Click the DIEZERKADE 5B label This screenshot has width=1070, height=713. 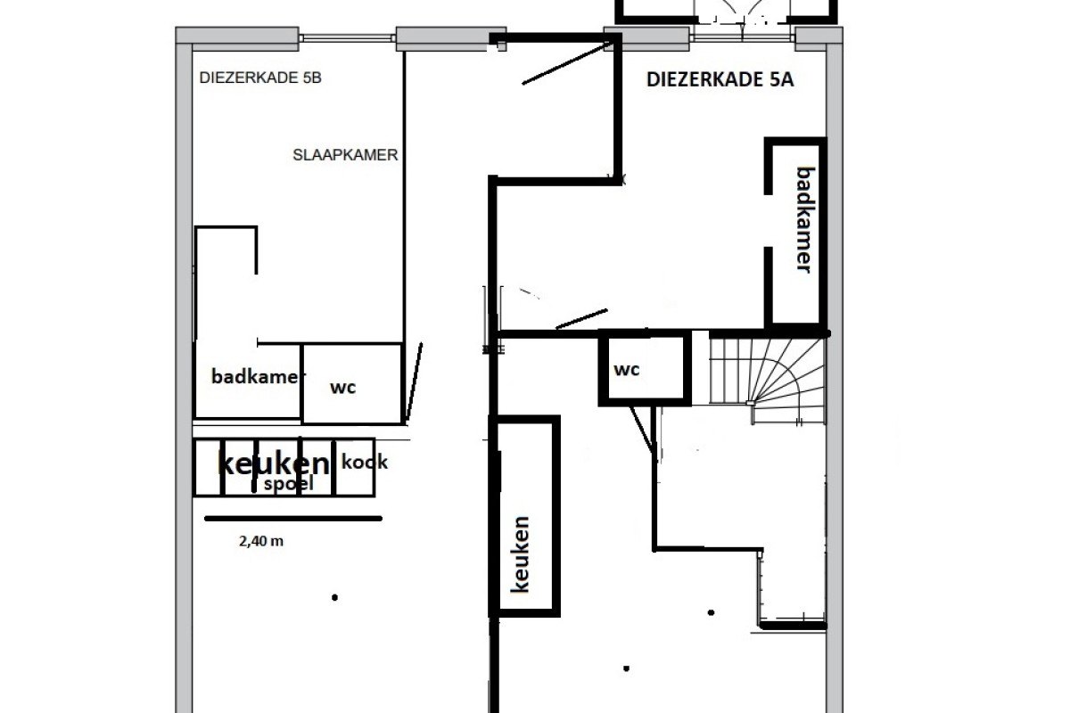[x=260, y=78]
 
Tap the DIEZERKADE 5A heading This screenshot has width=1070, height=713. [x=720, y=79]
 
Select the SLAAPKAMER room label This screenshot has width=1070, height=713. [x=345, y=155]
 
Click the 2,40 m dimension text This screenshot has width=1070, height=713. [x=260, y=541]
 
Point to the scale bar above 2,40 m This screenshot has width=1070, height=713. [x=293, y=518]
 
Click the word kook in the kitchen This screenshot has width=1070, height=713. [x=365, y=462]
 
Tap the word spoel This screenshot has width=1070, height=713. [x=289, y=484]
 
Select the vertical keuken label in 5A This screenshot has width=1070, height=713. [x=520, y=554]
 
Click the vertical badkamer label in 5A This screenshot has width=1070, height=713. [x=805, y=219]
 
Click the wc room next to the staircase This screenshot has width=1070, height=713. [x=645, y=368]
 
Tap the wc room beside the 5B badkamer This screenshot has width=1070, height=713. [x=352, y=384]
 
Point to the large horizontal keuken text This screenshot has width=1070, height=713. [x=274, y=463]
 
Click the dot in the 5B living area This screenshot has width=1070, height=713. [x=335, y=597]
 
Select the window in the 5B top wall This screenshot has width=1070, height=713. [x=347, y=38]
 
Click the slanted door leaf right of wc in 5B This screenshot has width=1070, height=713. [x=414, y=383]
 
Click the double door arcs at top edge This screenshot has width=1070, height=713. [x=742, y=11]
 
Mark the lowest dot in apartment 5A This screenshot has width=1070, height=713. [x=626, y=668]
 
